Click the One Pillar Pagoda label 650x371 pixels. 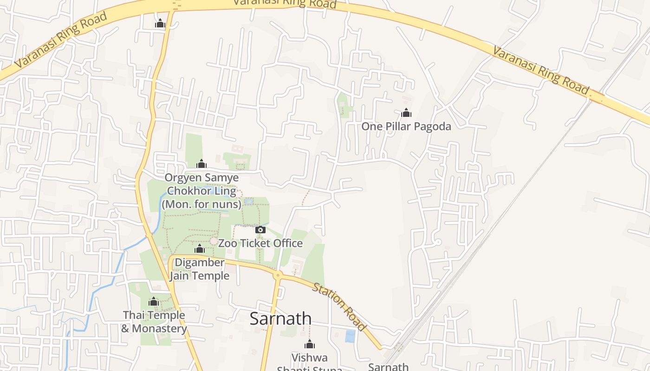406,126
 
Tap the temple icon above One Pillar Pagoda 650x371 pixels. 406,113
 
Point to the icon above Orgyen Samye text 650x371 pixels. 201,164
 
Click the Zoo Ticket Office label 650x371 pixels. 260,243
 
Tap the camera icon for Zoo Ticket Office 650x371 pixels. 260,230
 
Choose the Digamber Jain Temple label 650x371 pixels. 199,269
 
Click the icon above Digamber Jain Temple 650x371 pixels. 200,249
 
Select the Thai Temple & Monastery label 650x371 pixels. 154,322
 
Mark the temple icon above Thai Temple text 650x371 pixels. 154,302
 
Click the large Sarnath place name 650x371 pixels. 280,319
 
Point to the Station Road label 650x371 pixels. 340,307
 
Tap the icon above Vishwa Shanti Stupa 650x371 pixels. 309,344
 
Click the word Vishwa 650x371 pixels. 309,358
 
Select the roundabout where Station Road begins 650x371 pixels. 278,275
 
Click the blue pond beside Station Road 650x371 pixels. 350,336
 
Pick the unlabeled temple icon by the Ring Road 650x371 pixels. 160,23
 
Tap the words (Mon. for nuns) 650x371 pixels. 201,204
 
